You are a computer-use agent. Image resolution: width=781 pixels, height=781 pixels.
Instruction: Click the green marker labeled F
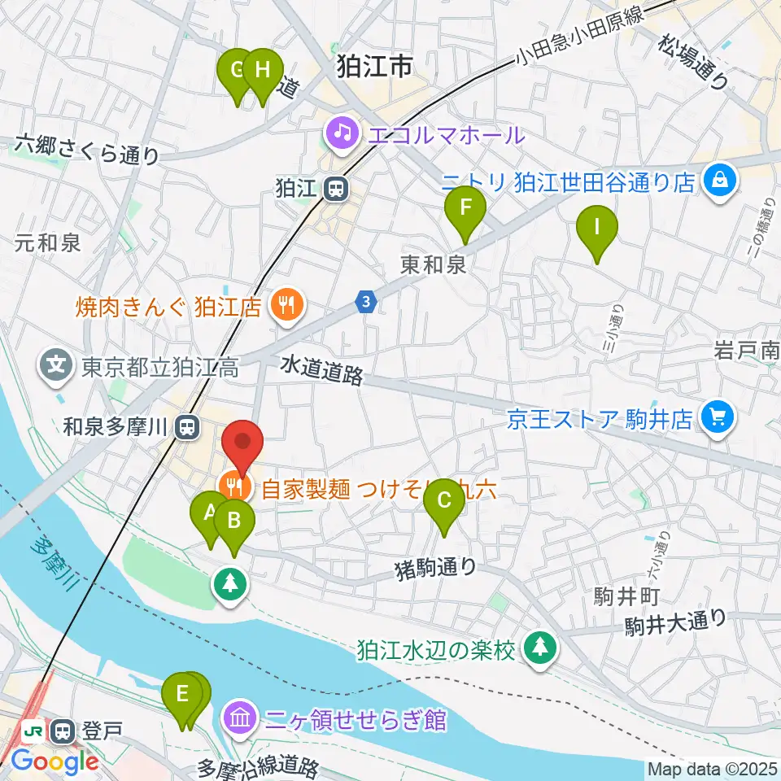(465, 209)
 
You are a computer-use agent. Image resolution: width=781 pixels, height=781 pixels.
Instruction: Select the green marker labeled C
(444, 502)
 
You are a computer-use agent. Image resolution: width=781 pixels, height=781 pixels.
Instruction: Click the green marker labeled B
(233, 521)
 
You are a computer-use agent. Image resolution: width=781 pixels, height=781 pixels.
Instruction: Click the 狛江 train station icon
(334, 189)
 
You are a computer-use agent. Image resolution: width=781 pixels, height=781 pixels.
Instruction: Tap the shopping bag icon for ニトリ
(720, 177)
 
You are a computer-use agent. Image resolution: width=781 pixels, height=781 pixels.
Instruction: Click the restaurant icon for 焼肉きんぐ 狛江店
(285, 306)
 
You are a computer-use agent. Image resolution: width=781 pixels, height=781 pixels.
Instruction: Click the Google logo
(55, 762)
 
